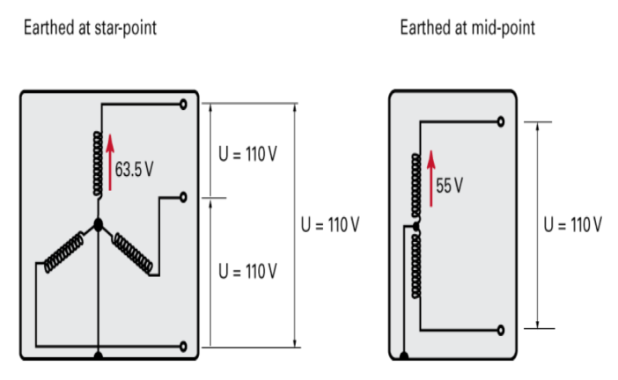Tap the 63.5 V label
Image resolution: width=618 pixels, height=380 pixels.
tap(134, 168)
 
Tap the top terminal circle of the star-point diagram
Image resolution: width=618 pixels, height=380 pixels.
tap(183, 104)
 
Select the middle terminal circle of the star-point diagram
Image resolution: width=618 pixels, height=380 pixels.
tap(183, 197)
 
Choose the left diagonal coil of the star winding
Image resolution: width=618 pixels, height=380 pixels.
tap(61, 250)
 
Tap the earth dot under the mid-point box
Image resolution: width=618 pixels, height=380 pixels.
tap(404, 356)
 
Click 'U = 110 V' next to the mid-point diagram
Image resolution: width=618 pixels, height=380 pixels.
tap(573, 223)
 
